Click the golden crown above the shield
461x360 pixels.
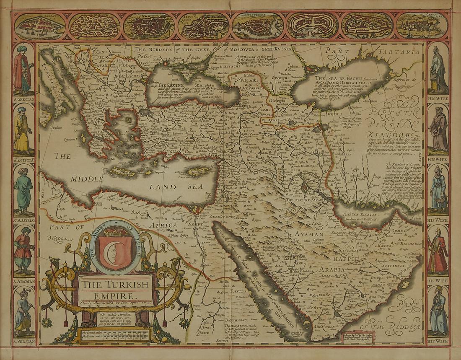pos(114,231)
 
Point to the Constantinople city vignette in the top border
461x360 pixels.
pos(258,25)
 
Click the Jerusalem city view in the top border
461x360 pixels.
pos(203,26)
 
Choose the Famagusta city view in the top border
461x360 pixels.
pos(39,26)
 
